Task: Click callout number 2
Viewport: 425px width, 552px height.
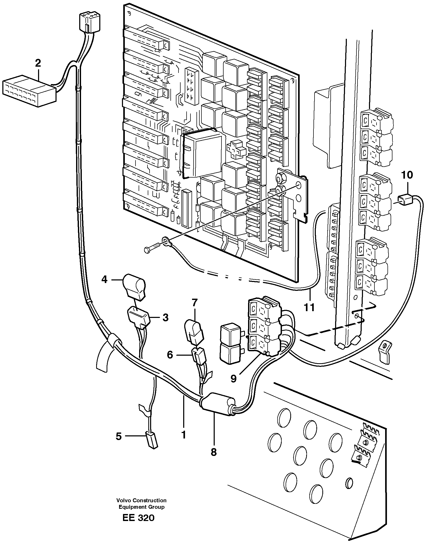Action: click(38, 63)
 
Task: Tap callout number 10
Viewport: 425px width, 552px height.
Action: click(407, 175)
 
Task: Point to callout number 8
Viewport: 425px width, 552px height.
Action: click(213, 452)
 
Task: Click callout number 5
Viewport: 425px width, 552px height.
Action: click(119, 436)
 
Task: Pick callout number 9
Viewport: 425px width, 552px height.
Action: click(233, 379)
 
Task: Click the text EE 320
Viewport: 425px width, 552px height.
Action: click(138, 518)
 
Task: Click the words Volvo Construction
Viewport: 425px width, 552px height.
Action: click(141, 500)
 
